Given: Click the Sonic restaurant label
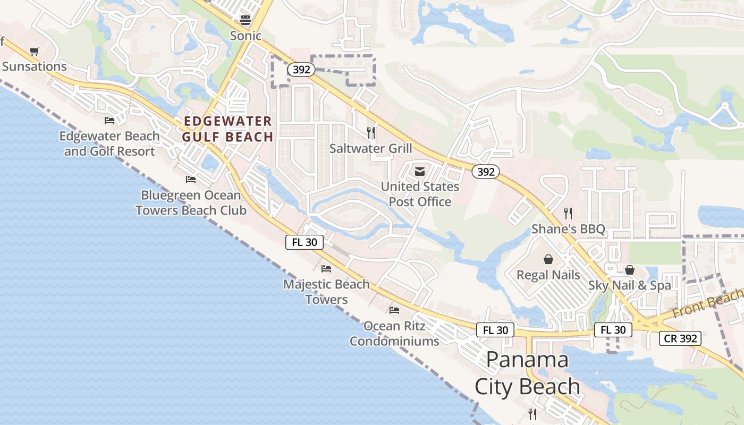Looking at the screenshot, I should pyautogui.click(x=246, y=36).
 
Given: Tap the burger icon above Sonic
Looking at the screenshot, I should pyautogui.click(x=246, y=20).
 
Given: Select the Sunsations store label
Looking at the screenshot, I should pyautogui.click(x=35, y=66).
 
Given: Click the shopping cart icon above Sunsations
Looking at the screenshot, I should pyautogui.click(x=35, y=52).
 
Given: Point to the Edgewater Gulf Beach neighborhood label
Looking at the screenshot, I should pyautogui.click(x=227, y=129).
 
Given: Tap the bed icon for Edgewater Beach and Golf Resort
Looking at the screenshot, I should pyautogui.click(x=109, y=121).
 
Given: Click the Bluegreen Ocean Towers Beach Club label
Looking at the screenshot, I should pyautogui.click(x=191, y=202).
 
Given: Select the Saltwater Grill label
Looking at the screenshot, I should pyautogui.click(x=370, y=148).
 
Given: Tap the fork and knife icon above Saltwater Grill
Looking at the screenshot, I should pyautogui.click(x=371, y=132).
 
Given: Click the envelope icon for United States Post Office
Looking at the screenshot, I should pyautogui.click(x=420, y=171).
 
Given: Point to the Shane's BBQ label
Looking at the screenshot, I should pyautogui.click(x=568, y=229).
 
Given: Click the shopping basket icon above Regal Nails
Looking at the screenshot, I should pyautogui.click(x=548, y=259).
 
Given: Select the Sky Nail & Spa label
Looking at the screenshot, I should pyautogui.click(x=630, y=285).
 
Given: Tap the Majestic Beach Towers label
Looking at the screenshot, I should pyautogui.click(x=326, y=292).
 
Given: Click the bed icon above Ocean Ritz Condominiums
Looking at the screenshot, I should pyautogui.click(x=394, y=310).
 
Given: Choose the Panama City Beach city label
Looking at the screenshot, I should pyautogui.click(x=527, y=373).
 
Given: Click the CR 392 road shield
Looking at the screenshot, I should pyautogui.click(x=680, y=338).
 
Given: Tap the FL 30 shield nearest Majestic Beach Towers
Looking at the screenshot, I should pyautogui.click(x=305, y=242).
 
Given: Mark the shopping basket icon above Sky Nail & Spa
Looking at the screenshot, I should pyautogui.click(x=630, y=270).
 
